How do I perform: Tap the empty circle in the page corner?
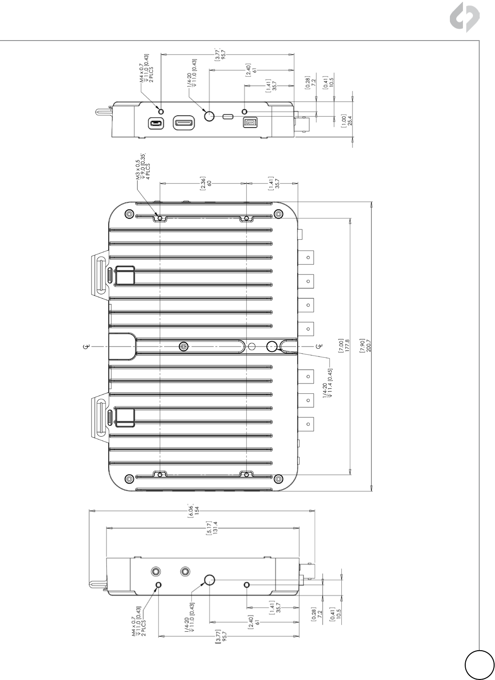(x=480, y=665)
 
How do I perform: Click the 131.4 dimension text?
(x=216, y=528)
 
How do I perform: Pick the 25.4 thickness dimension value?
(x=349, y=120)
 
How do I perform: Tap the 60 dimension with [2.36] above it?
(x=209, y=183)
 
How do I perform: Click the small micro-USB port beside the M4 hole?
(x=156, y=123)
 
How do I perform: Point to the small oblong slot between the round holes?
(x=228, y=116)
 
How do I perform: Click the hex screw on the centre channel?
(x=183, y=346)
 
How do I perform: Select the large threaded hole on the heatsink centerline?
(x=272, y=346)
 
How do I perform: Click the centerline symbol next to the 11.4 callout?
(x=318, y=346)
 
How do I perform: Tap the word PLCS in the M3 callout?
(x=148, y=171)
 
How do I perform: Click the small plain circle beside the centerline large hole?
(x=252, y=346)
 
